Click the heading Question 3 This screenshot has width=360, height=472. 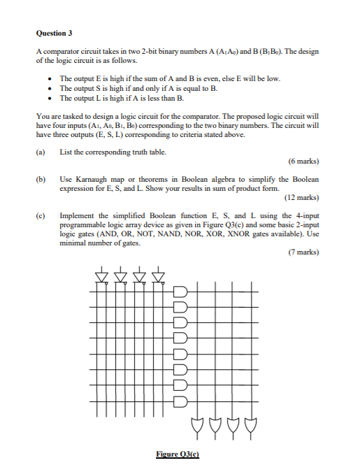(54, 33)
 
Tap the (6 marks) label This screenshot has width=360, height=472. (302, 161)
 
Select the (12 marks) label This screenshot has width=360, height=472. (301, 197)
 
